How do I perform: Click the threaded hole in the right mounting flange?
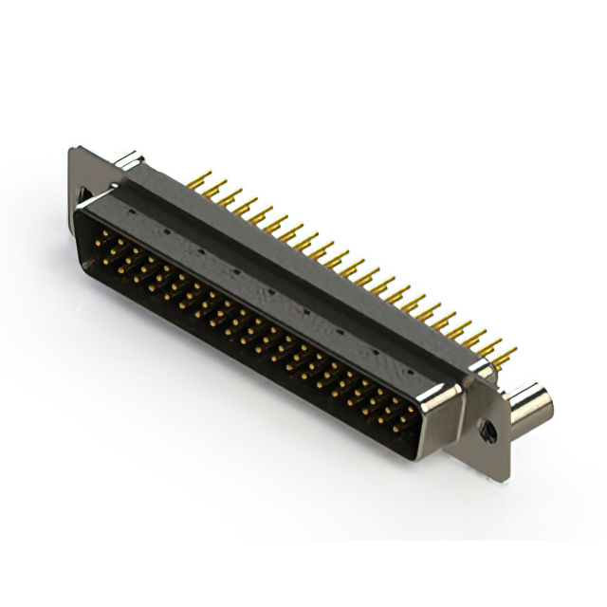[489, 432]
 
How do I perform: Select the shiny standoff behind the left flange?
[129, 161]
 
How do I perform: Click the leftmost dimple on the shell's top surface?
[165, 230]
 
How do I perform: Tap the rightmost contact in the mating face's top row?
[410, 410]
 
